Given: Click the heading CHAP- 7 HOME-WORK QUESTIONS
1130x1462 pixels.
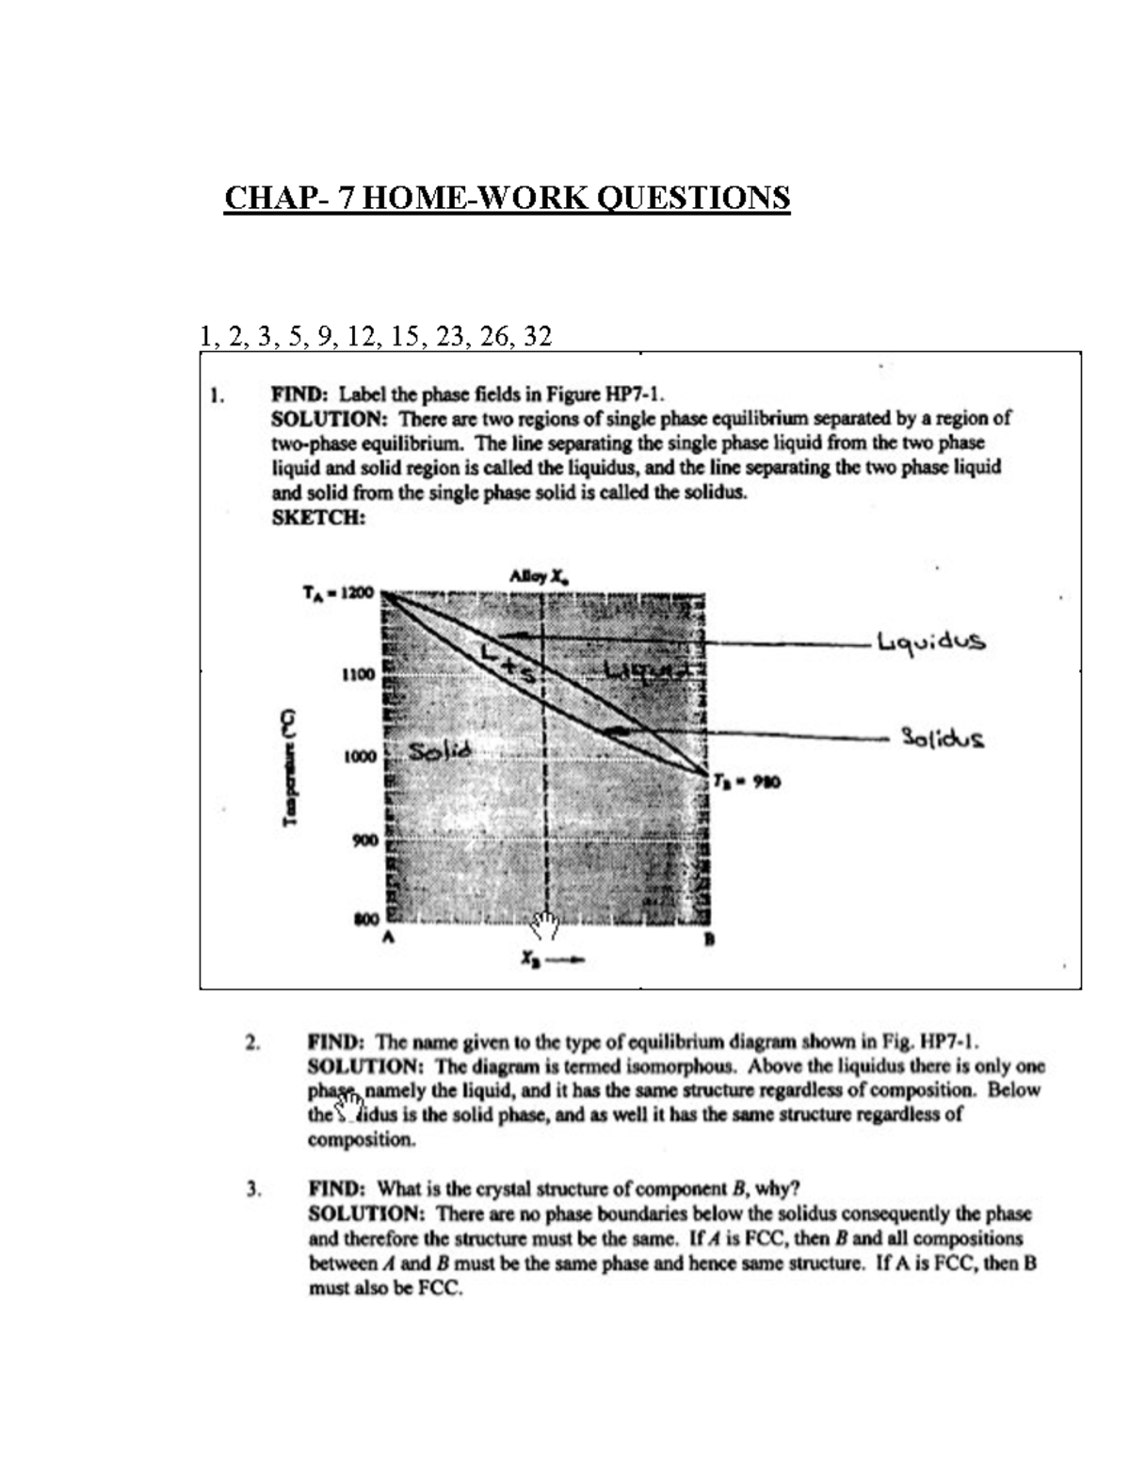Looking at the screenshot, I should click(x=507, y=199).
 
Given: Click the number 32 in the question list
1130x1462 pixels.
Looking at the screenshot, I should click(x=535, y=336).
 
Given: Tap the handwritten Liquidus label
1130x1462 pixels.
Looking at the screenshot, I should click(x=930, y=643).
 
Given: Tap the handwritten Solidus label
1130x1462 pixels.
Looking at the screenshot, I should click(x=943, y=737).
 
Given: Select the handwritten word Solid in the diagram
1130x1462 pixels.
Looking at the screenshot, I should click(x=439, y=750).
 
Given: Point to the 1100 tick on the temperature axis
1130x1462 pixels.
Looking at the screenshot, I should click(x=359, y=675).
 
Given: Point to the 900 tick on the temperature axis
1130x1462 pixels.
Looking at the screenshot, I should click(x=363, y=839).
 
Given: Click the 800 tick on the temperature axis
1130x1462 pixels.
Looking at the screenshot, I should click(x=364, y=918).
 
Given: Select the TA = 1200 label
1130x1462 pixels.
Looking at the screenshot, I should click(x=337, y=593).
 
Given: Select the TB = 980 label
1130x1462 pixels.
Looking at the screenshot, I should click(x=746, y=781).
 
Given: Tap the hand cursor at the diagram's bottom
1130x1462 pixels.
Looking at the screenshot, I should click(x=544, y=926).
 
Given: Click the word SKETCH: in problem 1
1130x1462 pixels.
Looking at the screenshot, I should click(x=317, y=518).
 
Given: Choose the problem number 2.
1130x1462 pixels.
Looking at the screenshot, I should click(x=251, y=1042).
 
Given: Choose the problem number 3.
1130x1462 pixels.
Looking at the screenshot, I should click(x=251, y=1189).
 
